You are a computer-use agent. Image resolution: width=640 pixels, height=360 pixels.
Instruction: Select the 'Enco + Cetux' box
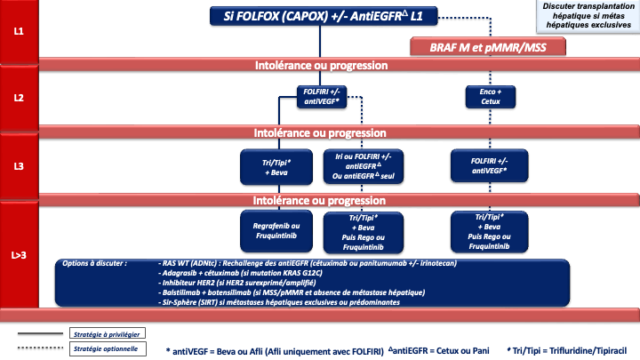[x=484, y=97]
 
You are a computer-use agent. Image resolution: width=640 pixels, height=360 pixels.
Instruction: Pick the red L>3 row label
[x=18, y=254]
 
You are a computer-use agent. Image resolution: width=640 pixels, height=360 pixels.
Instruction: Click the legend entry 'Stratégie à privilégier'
[x=107, y=333]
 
